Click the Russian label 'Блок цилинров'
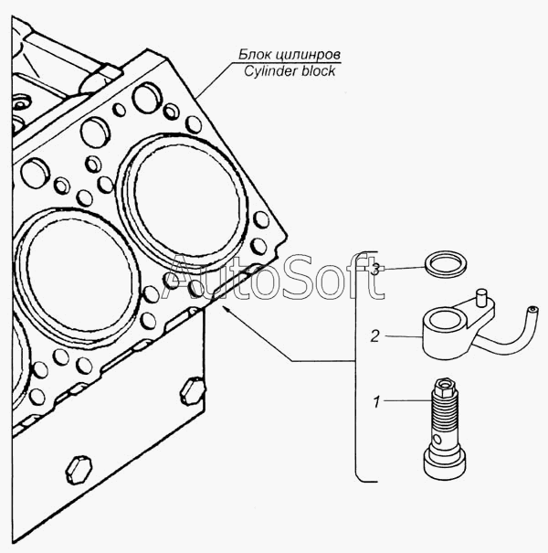click(x=290, y=55)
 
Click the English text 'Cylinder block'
click(x=290, y=71)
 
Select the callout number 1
click(x=376, y=401)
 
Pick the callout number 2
click(x=375, y=336)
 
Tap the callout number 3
click(x=376, y=269)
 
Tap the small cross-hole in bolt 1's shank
click(x=437, y=439)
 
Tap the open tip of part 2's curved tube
click(x=532, y=310)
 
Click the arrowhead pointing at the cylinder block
click(x=226, y=309)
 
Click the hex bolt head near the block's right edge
click(x=193, y=391)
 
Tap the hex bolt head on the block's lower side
click(x=79, y=470)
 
